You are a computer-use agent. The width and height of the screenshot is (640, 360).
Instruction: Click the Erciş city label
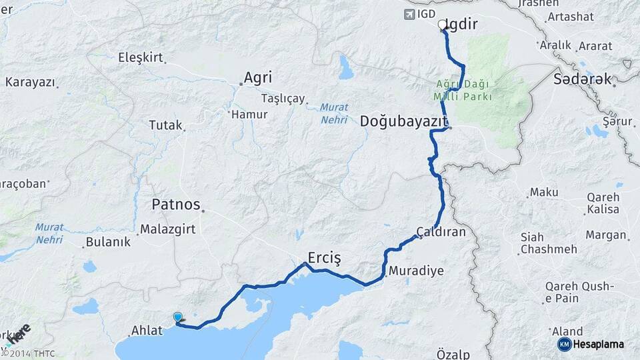[324, 257]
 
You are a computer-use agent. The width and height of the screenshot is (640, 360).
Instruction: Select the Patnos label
[176, 204]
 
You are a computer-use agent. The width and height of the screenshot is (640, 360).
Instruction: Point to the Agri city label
[257, 77]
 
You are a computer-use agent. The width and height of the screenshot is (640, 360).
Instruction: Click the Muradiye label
[415, 271]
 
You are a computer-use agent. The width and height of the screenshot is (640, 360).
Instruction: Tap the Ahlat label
[147, 331]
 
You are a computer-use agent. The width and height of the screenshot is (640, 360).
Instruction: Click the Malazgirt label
[167, 229]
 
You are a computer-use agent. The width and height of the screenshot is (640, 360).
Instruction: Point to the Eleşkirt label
[140, 58]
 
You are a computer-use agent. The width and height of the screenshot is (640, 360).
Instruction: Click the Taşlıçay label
[283, 98]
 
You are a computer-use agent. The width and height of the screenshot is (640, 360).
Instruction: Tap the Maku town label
[543, 193]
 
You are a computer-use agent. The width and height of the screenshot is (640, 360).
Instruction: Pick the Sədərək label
[582, 79]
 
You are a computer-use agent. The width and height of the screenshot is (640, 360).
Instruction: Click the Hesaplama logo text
[598, 345]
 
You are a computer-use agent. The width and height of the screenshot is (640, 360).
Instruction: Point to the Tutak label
[165, 125]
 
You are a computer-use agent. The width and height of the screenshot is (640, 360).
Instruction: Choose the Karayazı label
[29, 83]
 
